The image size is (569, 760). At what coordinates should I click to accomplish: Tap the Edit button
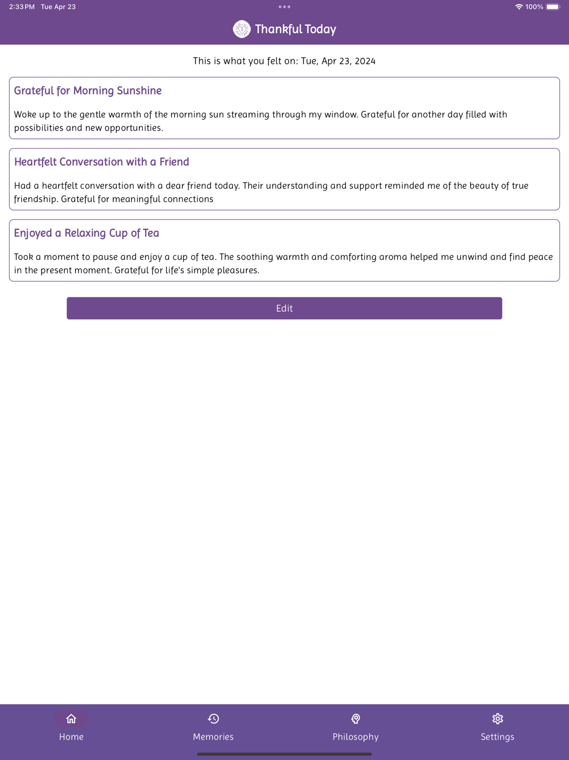pyautogui.click(x=284, y=308)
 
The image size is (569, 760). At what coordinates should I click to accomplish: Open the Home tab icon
pyautogui.click(x=71, y=719)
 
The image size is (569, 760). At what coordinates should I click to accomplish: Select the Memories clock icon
pyautogui.click(x=213, y=719)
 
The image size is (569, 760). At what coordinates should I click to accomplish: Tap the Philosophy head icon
pyautogui.click(x=356, y=719)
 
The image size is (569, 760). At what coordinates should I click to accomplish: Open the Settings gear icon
pyautogui.click(x=498, y=719)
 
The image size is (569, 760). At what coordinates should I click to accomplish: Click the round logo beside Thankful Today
pyautogui.click(x=242, y=29)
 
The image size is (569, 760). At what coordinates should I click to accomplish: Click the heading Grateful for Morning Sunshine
pyautogui.click(x=88, y=91)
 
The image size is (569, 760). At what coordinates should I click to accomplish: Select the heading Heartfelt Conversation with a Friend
pyautogui.click(x=101, y=162)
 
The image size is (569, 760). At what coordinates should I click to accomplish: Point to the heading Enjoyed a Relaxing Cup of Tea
pyautogui.click(x=86, y=233)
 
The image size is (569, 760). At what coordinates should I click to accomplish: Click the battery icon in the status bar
pyautogui.click(x=553, y=7)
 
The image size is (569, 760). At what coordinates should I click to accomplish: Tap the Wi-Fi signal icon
pyautogui.click(x=519, y=7)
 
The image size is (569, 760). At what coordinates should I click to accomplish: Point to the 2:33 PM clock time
pyautogui.click(x=22, y=7)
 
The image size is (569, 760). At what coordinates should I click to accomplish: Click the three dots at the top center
pyautogui.click(x=284, y=7)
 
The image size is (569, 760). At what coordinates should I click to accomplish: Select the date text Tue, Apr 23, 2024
pyautogui.click(x=338, y=61)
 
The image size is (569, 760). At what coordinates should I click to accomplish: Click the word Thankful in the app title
pyautogui.click(x=278, y=29)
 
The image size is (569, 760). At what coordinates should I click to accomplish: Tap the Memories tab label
pyautogui.click(x=213, y=737)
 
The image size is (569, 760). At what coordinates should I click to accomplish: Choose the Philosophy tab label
pyautogui.click(x=356, y=737)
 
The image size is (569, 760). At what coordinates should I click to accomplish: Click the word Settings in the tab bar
pyautogui.click(x=497, y=737)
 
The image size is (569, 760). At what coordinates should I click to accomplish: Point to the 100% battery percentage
pyautogui.click(x=534, y=7)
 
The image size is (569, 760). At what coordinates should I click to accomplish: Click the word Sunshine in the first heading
pyautogui.click(x=139, y=91)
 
